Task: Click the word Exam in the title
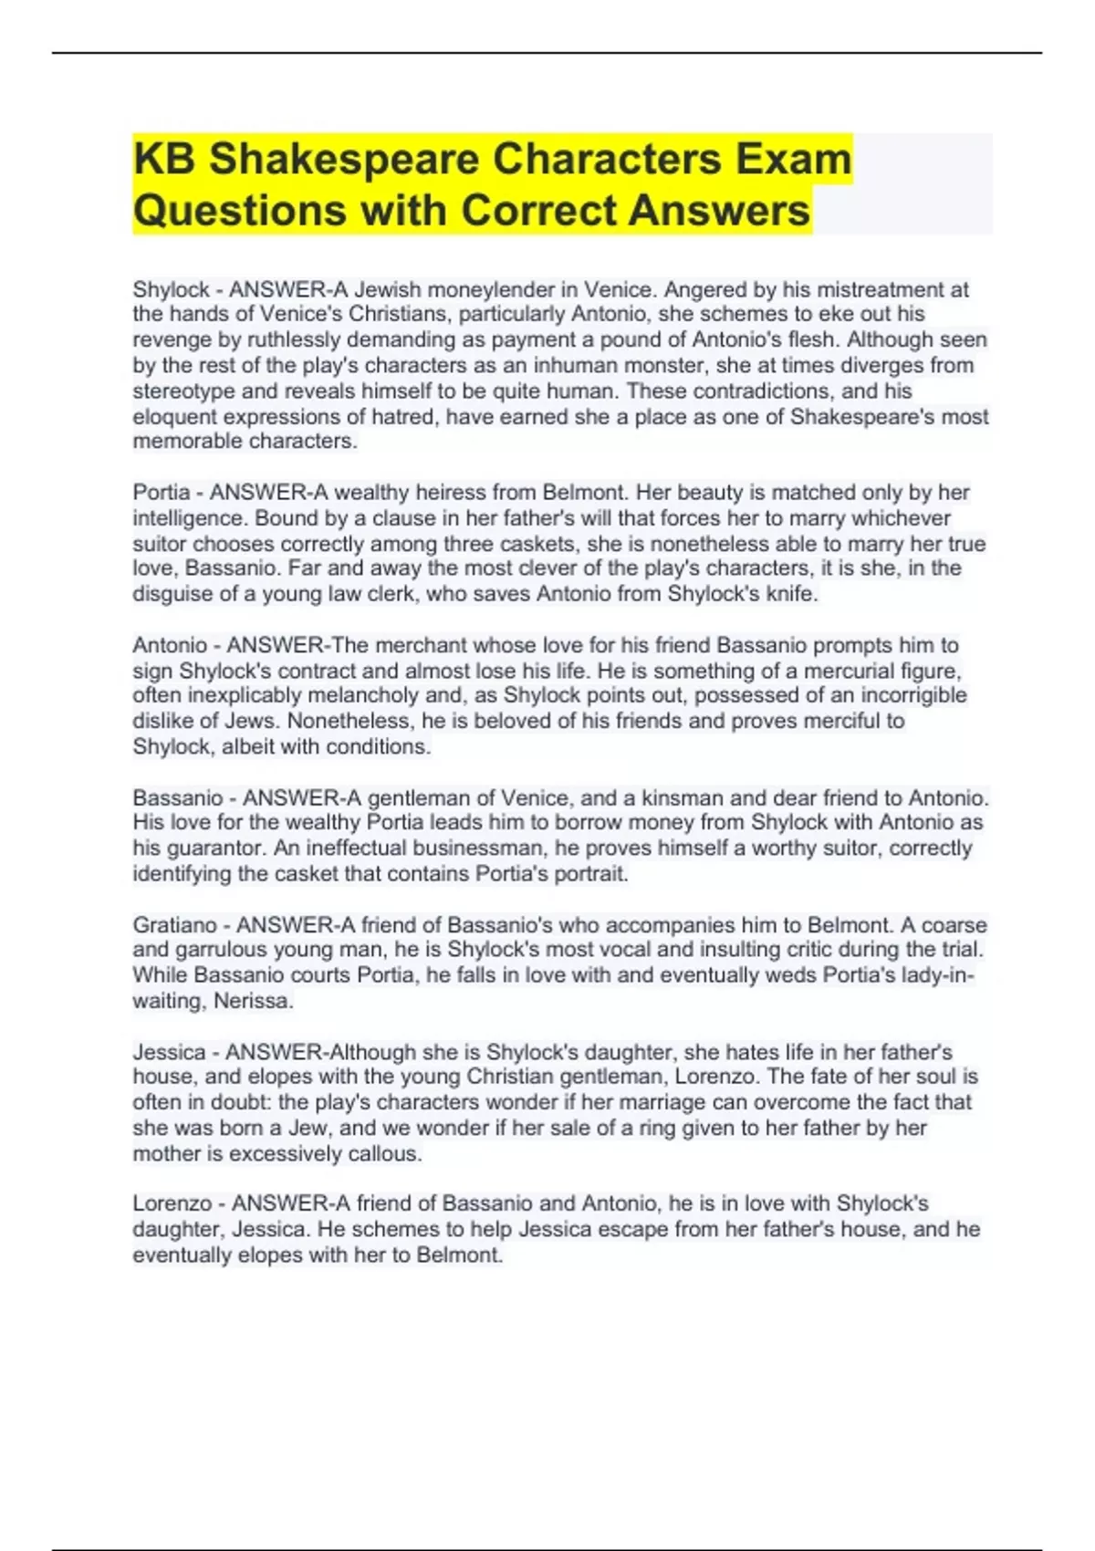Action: [x=794, y=159]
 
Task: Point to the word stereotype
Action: [x=186, y=391]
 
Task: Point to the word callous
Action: [x=383, y=1154]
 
